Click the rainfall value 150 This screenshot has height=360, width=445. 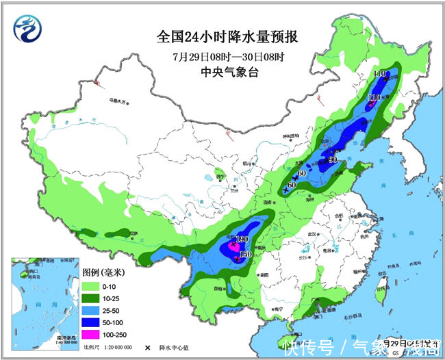coord(245,255)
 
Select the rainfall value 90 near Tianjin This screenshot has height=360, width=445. coord(333,160)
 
